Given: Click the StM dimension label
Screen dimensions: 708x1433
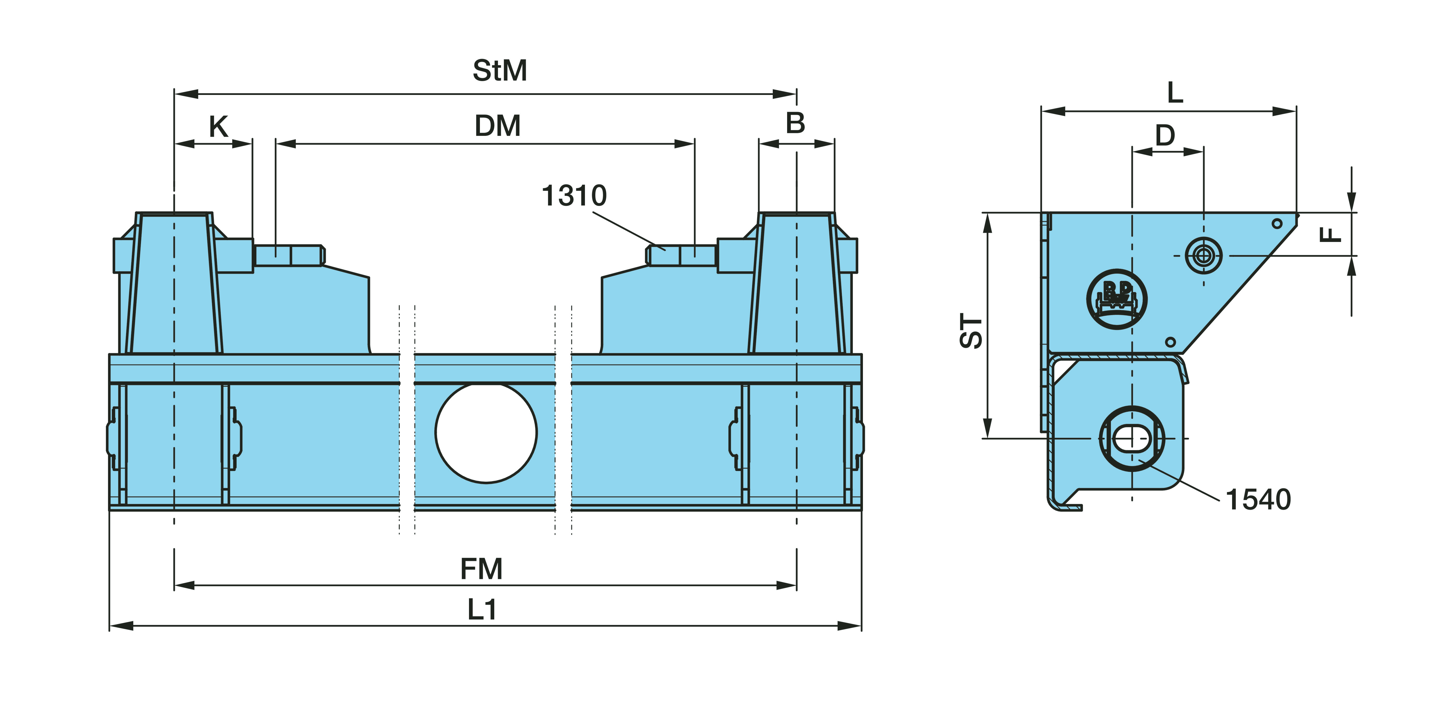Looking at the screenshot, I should click(x=499, y=71).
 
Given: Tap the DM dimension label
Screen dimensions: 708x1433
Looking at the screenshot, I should click(x=497, y=126).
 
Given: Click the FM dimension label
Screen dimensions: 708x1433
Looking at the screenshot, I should click(x=481, y=569).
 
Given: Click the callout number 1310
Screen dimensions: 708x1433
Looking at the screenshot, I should click(x=574, y=196).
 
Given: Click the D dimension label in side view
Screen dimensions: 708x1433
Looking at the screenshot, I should click(x=1165, y=135).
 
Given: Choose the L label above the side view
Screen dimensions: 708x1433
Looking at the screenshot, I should click(x=1175, y=92).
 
